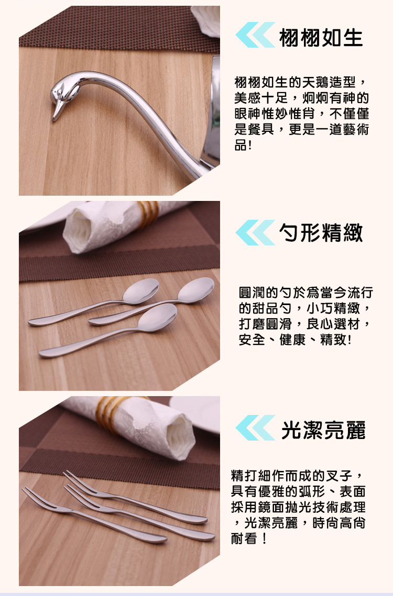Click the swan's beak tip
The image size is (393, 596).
[x=53, y=120]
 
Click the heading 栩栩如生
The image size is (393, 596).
[x=321, y=37]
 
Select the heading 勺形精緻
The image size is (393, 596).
[x=321, y=232]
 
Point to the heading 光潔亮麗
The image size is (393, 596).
[x=323, y=430]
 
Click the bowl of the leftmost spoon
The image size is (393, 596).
[x=141, y=291]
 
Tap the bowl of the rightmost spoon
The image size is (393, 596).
[x=196, y=290]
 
